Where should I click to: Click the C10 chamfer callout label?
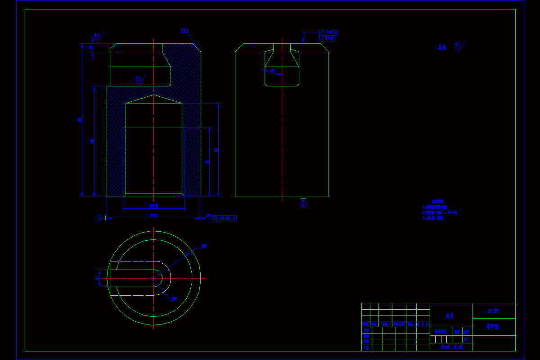(184, 31)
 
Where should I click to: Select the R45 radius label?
(204, 246)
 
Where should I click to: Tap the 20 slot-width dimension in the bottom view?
(97, 278)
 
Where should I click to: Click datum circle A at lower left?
(99, 218)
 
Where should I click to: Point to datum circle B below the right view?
(303, 205)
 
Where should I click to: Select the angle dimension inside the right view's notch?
(272, 71)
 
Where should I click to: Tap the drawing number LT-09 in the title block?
(494, 310)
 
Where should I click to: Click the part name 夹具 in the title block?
(450, 316)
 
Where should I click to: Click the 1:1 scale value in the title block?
(466, 339)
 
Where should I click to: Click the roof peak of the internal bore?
(154, 95)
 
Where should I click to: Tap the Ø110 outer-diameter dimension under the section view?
(153, 216)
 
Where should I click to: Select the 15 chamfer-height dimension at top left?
(91, 47)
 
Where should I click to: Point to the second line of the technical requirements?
(440, 212)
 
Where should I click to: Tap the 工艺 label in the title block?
(366, 347)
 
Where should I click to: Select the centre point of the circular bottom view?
(154, 278)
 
